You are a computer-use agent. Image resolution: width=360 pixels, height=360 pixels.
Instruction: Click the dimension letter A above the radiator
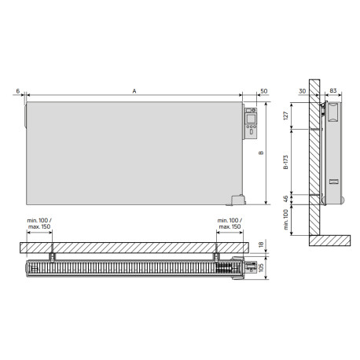click(134, 92)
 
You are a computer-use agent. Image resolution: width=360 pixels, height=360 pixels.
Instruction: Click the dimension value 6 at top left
click(17, 92)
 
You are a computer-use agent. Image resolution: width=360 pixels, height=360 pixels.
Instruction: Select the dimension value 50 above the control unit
click(263, 92)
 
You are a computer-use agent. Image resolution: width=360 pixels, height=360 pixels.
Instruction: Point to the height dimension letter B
click(272, 152)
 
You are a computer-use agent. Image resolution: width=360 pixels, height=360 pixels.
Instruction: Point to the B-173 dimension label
click(286, 160)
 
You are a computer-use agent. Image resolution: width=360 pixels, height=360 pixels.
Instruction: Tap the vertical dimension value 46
click(286, 199)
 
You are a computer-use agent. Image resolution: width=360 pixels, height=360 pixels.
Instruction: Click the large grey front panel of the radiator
click(134, 149)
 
